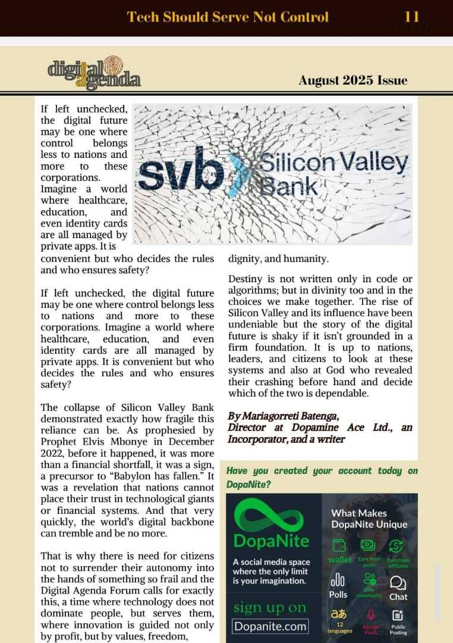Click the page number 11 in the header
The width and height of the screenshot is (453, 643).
412,16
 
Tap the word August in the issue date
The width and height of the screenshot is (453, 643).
319,80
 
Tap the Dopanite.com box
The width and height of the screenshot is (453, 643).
270,626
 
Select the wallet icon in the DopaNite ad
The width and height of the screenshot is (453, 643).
339,546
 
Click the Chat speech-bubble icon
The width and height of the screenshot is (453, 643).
398,582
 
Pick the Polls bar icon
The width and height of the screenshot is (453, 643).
338,580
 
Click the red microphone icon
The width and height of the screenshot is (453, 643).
370,615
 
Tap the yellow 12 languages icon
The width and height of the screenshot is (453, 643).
340,614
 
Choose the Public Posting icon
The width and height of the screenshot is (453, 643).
398,615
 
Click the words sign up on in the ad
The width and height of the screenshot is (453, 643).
270,607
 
